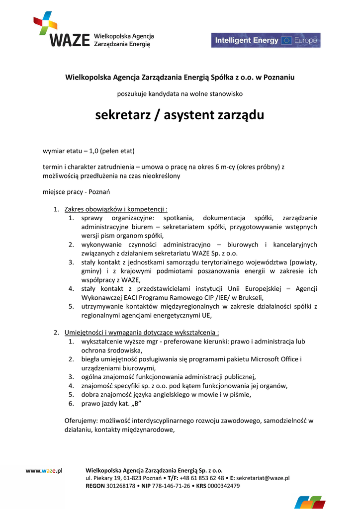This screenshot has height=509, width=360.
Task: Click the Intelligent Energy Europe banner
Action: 266,40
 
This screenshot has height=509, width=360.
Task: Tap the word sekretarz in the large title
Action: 121,115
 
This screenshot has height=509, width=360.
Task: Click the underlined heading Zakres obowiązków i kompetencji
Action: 115,209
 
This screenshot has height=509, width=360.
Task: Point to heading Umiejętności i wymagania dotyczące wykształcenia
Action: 141,333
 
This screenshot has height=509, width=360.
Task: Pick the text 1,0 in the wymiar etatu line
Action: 95,151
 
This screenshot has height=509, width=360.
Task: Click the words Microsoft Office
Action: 274,359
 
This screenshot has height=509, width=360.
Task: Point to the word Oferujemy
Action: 80,421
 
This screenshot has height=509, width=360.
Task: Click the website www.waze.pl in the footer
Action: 44,470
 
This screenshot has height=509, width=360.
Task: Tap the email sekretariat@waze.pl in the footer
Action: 263,478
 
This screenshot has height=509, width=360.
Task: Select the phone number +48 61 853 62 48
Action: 201,478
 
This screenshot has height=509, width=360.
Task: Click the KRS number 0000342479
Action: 223,486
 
